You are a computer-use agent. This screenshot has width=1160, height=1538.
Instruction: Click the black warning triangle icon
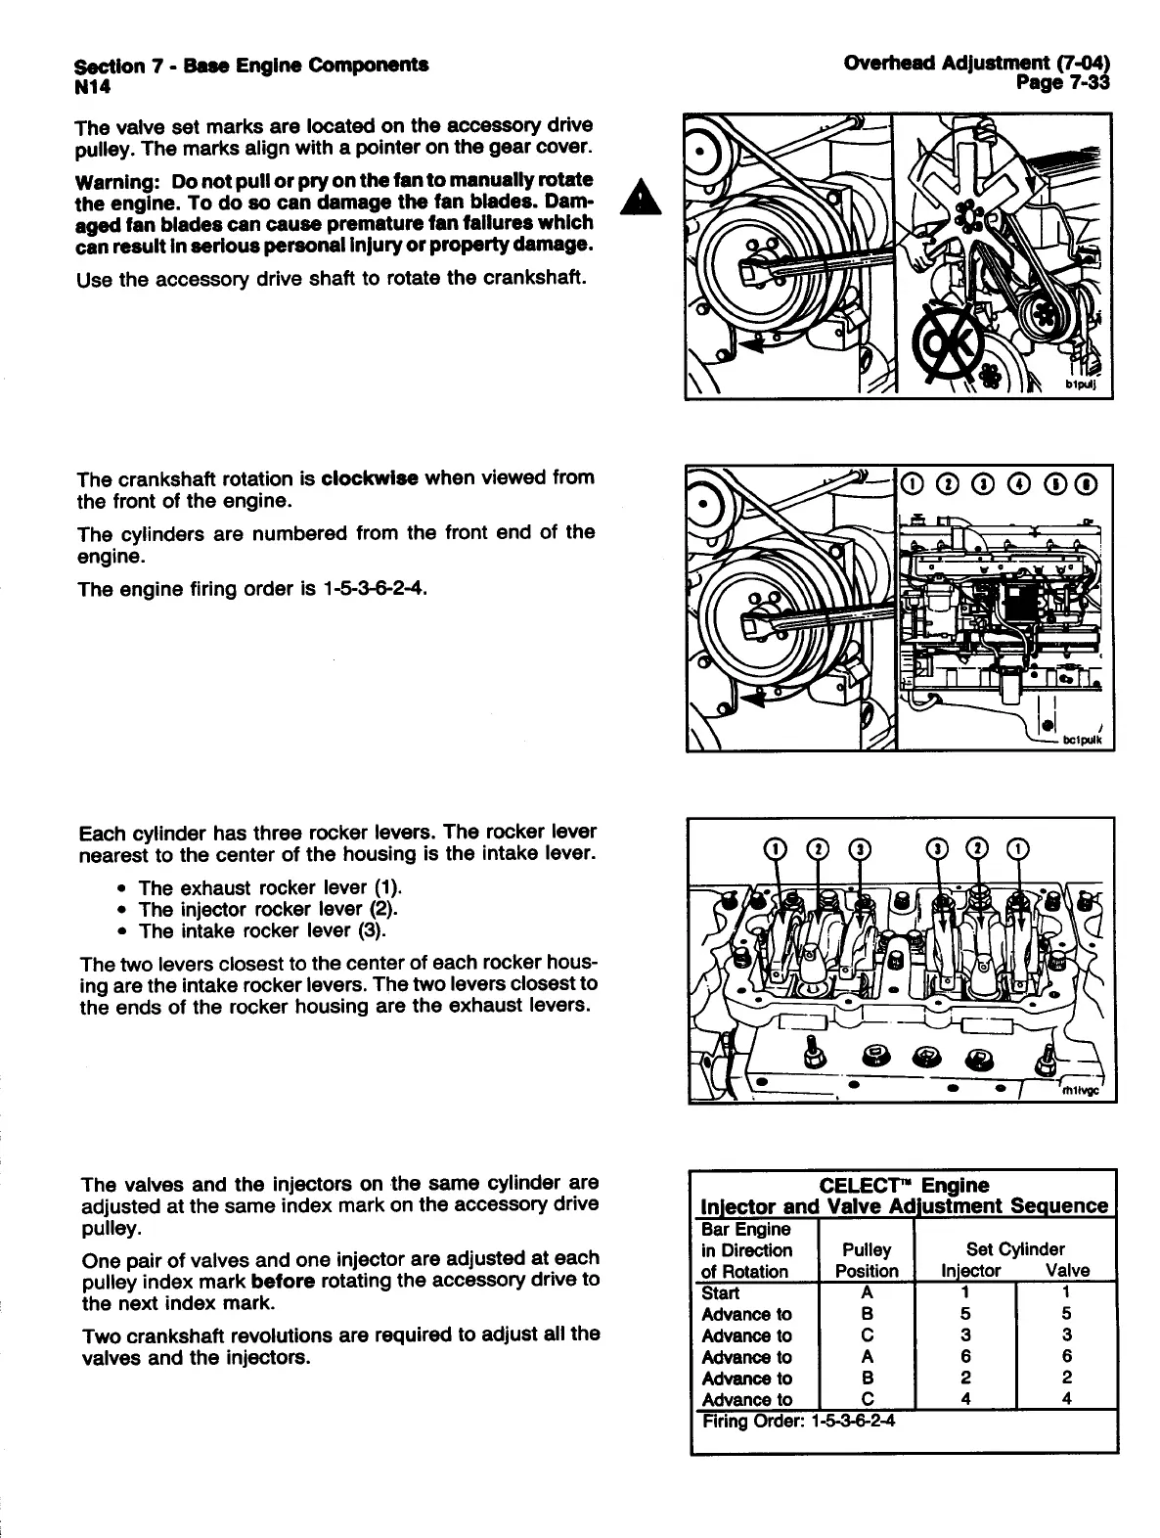click(x=640, y=195)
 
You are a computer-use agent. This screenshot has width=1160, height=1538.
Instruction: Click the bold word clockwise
click(x=370, y=479)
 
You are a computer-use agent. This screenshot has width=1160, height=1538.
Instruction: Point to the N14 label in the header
click(x=95, y=86)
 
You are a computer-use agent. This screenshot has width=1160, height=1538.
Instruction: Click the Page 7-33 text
click(x=1063, y=83)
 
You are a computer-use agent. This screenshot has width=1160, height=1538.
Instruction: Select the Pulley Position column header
click(x=867, y=1260)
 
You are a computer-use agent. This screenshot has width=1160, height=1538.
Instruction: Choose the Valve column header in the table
click(x=1067, y=1271)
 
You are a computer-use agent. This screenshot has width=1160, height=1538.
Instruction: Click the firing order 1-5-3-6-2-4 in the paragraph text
click(x=378, y=590)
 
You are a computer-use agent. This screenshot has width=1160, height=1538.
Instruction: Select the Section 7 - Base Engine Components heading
click(x=250, y=66)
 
